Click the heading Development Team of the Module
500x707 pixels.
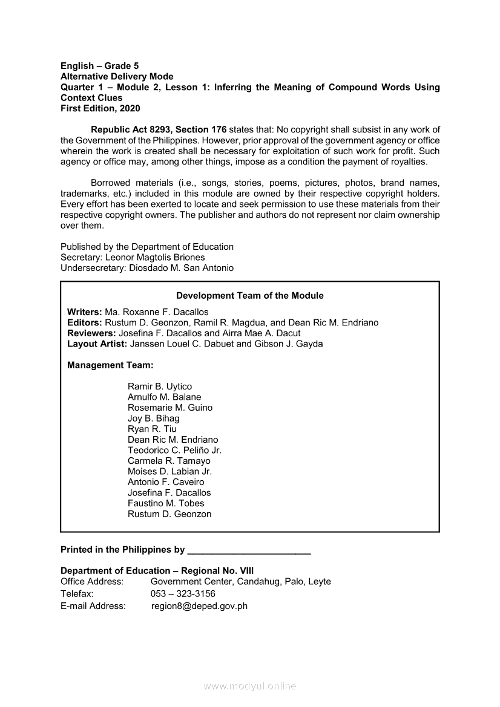click(x=249, y=296)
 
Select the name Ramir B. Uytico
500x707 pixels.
click(x=160, y=386)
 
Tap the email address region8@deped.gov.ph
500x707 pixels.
click(x=199, y=606)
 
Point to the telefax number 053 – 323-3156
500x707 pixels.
click(x=183, y=594)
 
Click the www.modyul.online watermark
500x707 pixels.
click(x=250, y=686)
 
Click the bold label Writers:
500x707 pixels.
click(x=85, y=312)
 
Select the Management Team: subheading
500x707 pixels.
click(x=110, y=365)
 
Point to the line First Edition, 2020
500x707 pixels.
click(x=100, y=108)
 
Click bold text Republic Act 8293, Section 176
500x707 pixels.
click(x=159, y=130)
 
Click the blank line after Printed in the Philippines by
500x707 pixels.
click(x=249, y=551)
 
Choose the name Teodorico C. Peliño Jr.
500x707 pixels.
click(x=174, y=451)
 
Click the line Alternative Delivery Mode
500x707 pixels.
click(x=117, y=77)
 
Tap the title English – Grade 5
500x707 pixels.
click(x=100, y=66)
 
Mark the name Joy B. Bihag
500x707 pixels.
click(x=154, y=419)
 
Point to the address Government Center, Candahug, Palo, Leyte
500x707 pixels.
click(x=241, y=582)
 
